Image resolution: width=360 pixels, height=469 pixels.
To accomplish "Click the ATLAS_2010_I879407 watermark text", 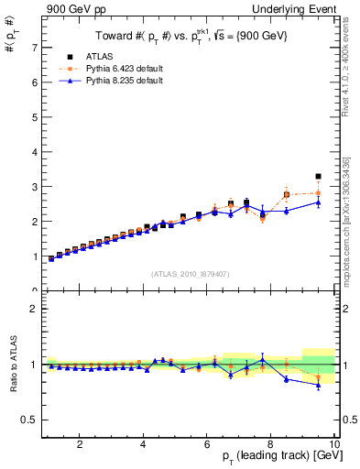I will coord(191,274).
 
